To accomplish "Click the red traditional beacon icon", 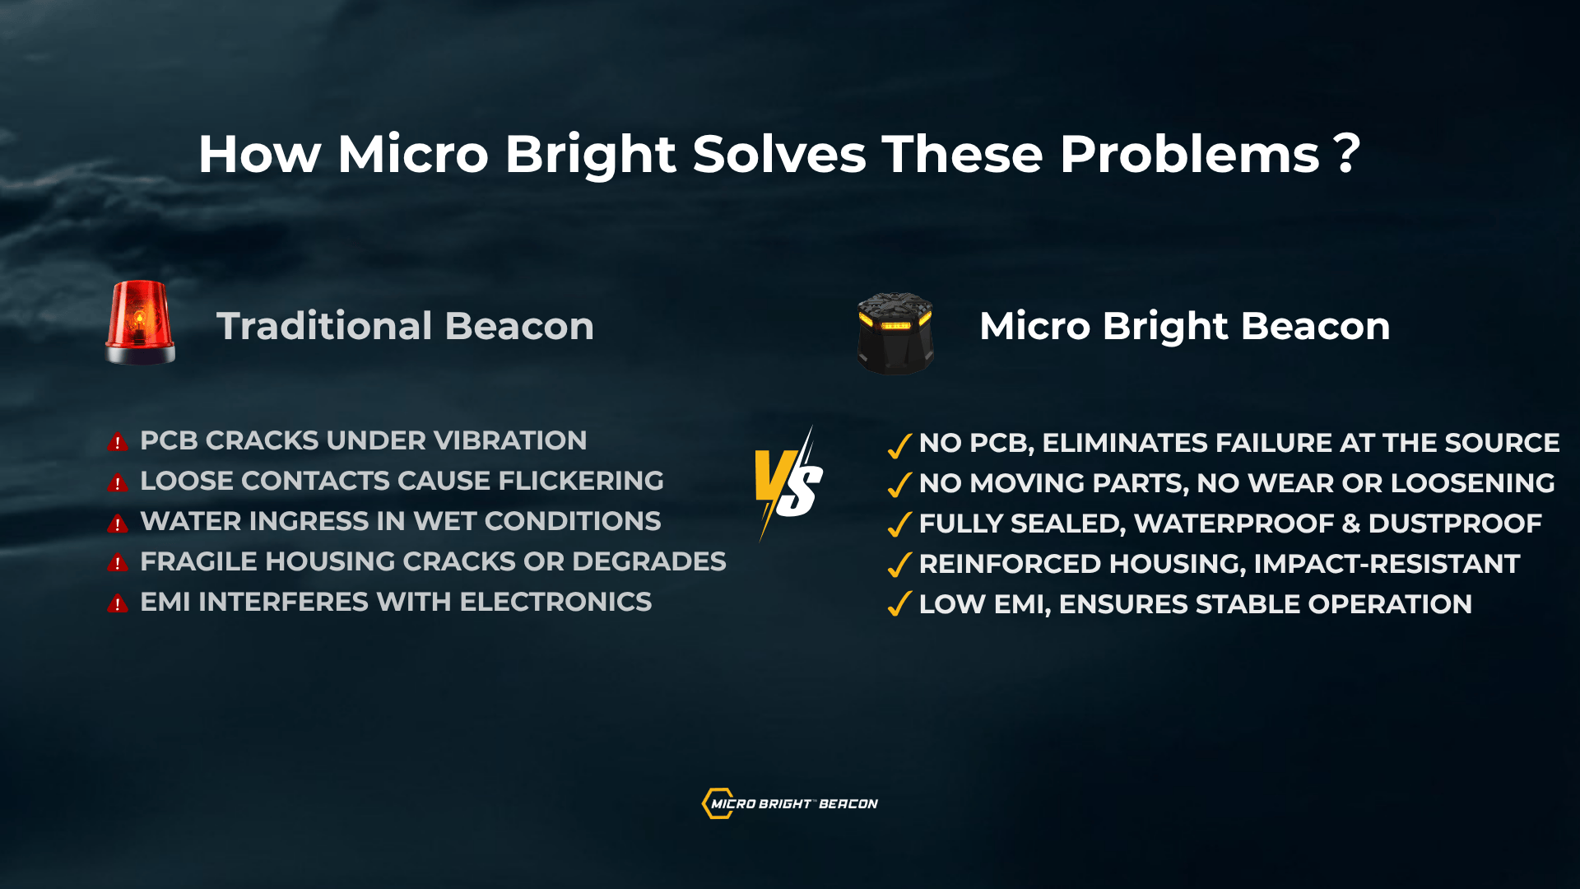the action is [x=140, y=322].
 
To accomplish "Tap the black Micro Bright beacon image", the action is [x=895, y=333].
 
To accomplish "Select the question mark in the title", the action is [x=1347, y=154].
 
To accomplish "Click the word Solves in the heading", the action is [x=779, y=154].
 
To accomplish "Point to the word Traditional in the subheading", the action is [x=324, y=326].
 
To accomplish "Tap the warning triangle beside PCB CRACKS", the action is [x=118, y=442].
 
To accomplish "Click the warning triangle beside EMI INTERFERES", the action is [x=118, y=603].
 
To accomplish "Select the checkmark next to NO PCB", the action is [x=899, y=444].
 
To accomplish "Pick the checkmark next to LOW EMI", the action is [x=899, y=604].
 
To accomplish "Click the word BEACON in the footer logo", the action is [x=848, y=803].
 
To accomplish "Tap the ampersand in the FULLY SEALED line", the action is [x=1350, y=524].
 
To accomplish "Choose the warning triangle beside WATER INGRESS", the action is [x=118, y=523].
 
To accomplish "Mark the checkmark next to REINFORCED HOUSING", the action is [x=899, y=565].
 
